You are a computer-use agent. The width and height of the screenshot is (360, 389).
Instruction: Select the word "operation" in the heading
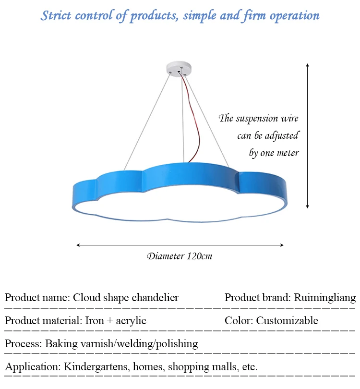pos(295,15)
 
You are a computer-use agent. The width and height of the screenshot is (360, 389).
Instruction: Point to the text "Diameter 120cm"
pos(180,256)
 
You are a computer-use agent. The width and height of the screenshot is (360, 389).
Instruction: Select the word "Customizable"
pos(287,320)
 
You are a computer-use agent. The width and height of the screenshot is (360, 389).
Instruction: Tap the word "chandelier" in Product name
pos(154,297)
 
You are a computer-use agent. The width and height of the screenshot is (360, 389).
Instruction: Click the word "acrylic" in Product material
pos(131,320)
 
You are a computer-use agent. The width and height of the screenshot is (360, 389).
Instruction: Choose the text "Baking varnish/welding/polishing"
pos(121,343)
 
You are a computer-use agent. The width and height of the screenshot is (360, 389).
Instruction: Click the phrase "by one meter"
pos(274,153)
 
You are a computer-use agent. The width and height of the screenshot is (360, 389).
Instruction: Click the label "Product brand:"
pos(256,297)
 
